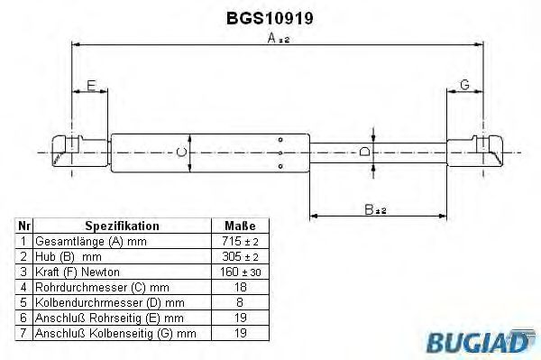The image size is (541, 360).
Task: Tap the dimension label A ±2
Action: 277,40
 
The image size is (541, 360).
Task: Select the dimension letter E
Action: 90,86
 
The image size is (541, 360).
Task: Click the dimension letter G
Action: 464,85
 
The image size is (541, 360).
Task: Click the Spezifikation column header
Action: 122,226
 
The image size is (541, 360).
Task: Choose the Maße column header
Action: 240,226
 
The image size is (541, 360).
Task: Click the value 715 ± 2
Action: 240,242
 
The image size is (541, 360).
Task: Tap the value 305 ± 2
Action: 240,257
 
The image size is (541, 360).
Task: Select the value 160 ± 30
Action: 240,272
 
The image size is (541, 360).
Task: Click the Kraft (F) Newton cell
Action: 77,272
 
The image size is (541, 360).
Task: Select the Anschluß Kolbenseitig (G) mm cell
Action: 114,334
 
